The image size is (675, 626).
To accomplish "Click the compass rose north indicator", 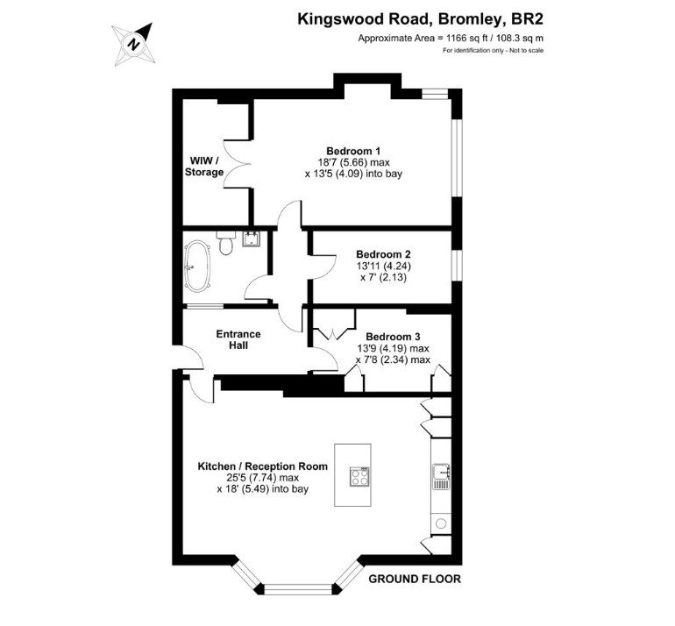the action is pyautogui.click(x=133, y=44).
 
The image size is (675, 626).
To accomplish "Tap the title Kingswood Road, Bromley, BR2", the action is pyautogui.click(x=421, y=20).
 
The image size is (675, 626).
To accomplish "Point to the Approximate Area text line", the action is pyautogui.click(x=451, y=38).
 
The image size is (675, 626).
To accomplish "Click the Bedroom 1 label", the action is pyautogui.click(x=353, y=151).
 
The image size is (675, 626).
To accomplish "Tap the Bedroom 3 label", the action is pyautogui.click(x=393, y=337).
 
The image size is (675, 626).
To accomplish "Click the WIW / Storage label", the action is pyautogui.click(x=204, y=167).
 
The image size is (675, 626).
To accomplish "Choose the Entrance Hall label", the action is pyautogui.click(x=238, y=339).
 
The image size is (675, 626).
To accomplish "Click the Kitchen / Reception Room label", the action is pyautogui.click(x=263, y=466).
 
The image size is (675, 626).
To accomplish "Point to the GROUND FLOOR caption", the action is pyautogui.click(x=415, y=579).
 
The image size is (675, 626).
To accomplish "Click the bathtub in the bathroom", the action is pyautogui.click(x=197, y=265).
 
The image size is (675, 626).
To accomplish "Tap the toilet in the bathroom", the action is pyautogui.click(x=225, y=242).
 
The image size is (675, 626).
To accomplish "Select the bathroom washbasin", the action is pyautogui.click(x=251, y=239).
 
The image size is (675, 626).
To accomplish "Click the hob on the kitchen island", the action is pyautogui.click(x=359, y=477).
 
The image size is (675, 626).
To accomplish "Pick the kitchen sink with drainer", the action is pyautogui.click(x=441, y=477).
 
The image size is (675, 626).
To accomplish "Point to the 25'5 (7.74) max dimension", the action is pyautogui.click(x=263, y=478).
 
